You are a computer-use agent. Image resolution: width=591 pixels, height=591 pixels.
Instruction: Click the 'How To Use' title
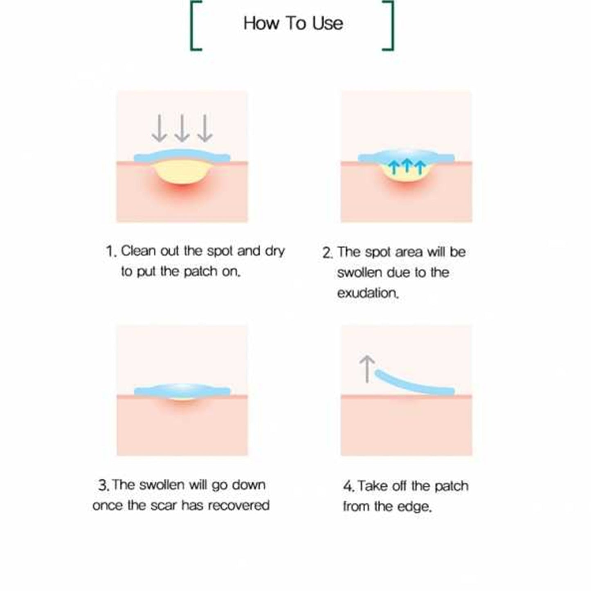pyautogui.click(x=293, y=23)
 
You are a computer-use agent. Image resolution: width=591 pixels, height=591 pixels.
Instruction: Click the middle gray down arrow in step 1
pyautogui.click(x=182, y=128)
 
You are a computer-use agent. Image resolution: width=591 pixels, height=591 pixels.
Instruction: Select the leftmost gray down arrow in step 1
pyautogui.click(x=159, y=128)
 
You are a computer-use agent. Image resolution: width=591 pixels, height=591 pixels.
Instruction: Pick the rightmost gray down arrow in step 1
pyautogui.click(x=204, y=128)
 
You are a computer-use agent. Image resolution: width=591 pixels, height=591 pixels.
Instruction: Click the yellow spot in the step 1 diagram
pyautogui.click(x=182, y=172)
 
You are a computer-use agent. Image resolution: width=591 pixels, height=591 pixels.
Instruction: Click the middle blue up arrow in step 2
pyautogui.click(x=407, y=166)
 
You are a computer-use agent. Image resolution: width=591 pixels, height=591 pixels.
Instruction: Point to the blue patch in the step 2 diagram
pyautogui.click(x=406, y=156)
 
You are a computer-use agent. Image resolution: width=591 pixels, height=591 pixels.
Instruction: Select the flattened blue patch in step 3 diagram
pyautogui.click(x=182, y=391)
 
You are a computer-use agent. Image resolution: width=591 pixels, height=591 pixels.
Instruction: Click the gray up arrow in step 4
pyautogui.click(x=367, y=369)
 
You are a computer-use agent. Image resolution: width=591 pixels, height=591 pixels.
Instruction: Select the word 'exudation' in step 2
pyautogui.click(x=367, y=293)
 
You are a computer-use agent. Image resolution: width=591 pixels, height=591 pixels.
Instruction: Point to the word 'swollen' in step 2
pyautogui.click(x=360, y=272)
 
